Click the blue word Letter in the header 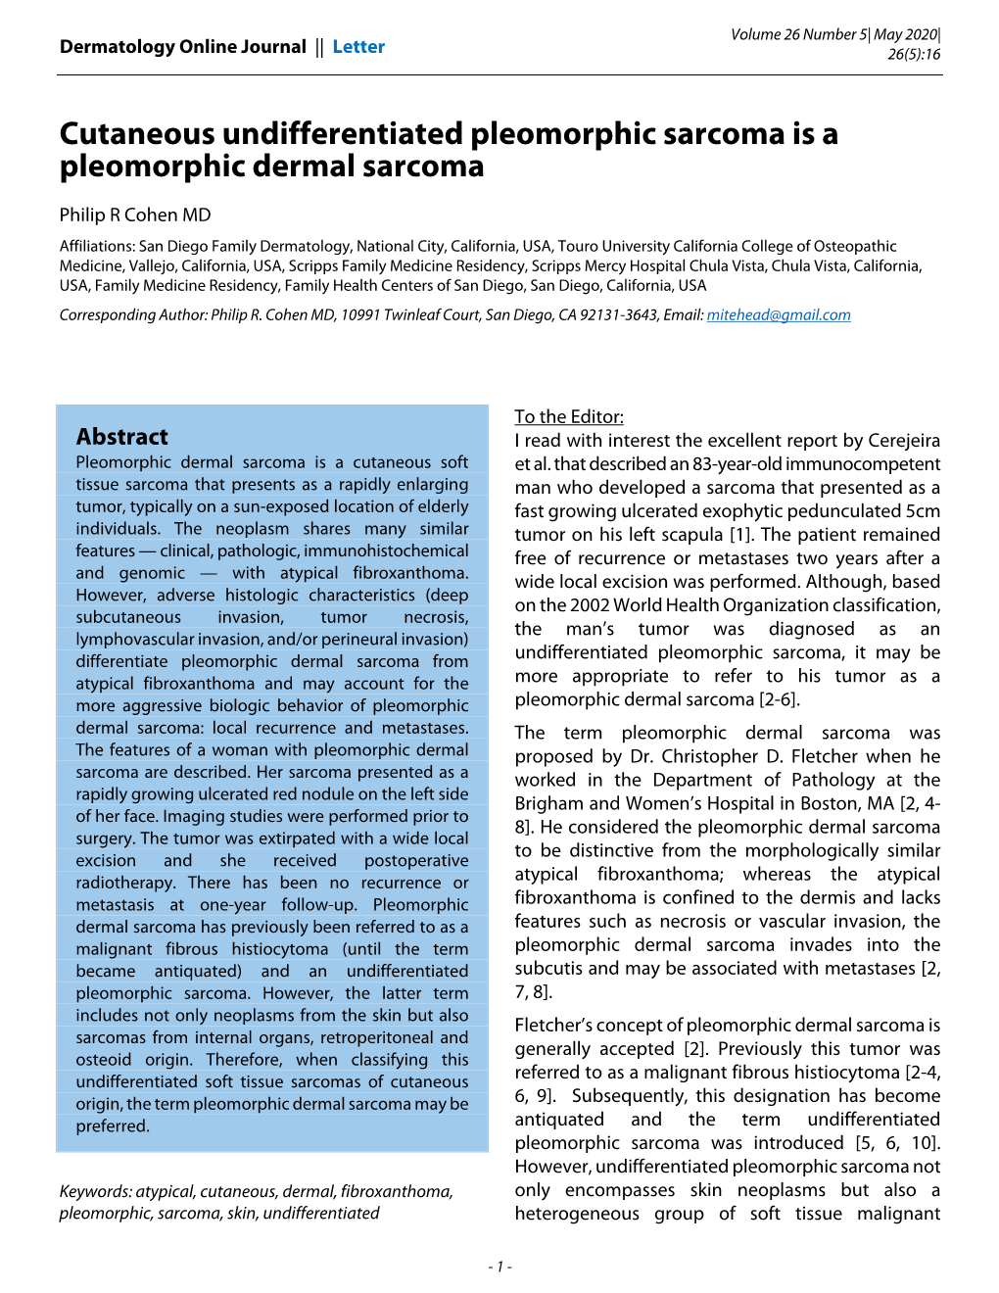(x=358, y=47)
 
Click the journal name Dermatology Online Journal (x=182, y=47)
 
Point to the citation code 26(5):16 (x=914, y=55)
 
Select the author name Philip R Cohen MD (x=135, y=215)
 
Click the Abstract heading (x=122, y=437)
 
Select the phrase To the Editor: (x=569, y=416)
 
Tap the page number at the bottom (x=499, y=1267)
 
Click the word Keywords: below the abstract (x=95, y=1191)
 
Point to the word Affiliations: (x=97, y=246)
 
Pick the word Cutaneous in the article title (x=138, y=133)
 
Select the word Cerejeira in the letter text (x=899, y=441)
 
